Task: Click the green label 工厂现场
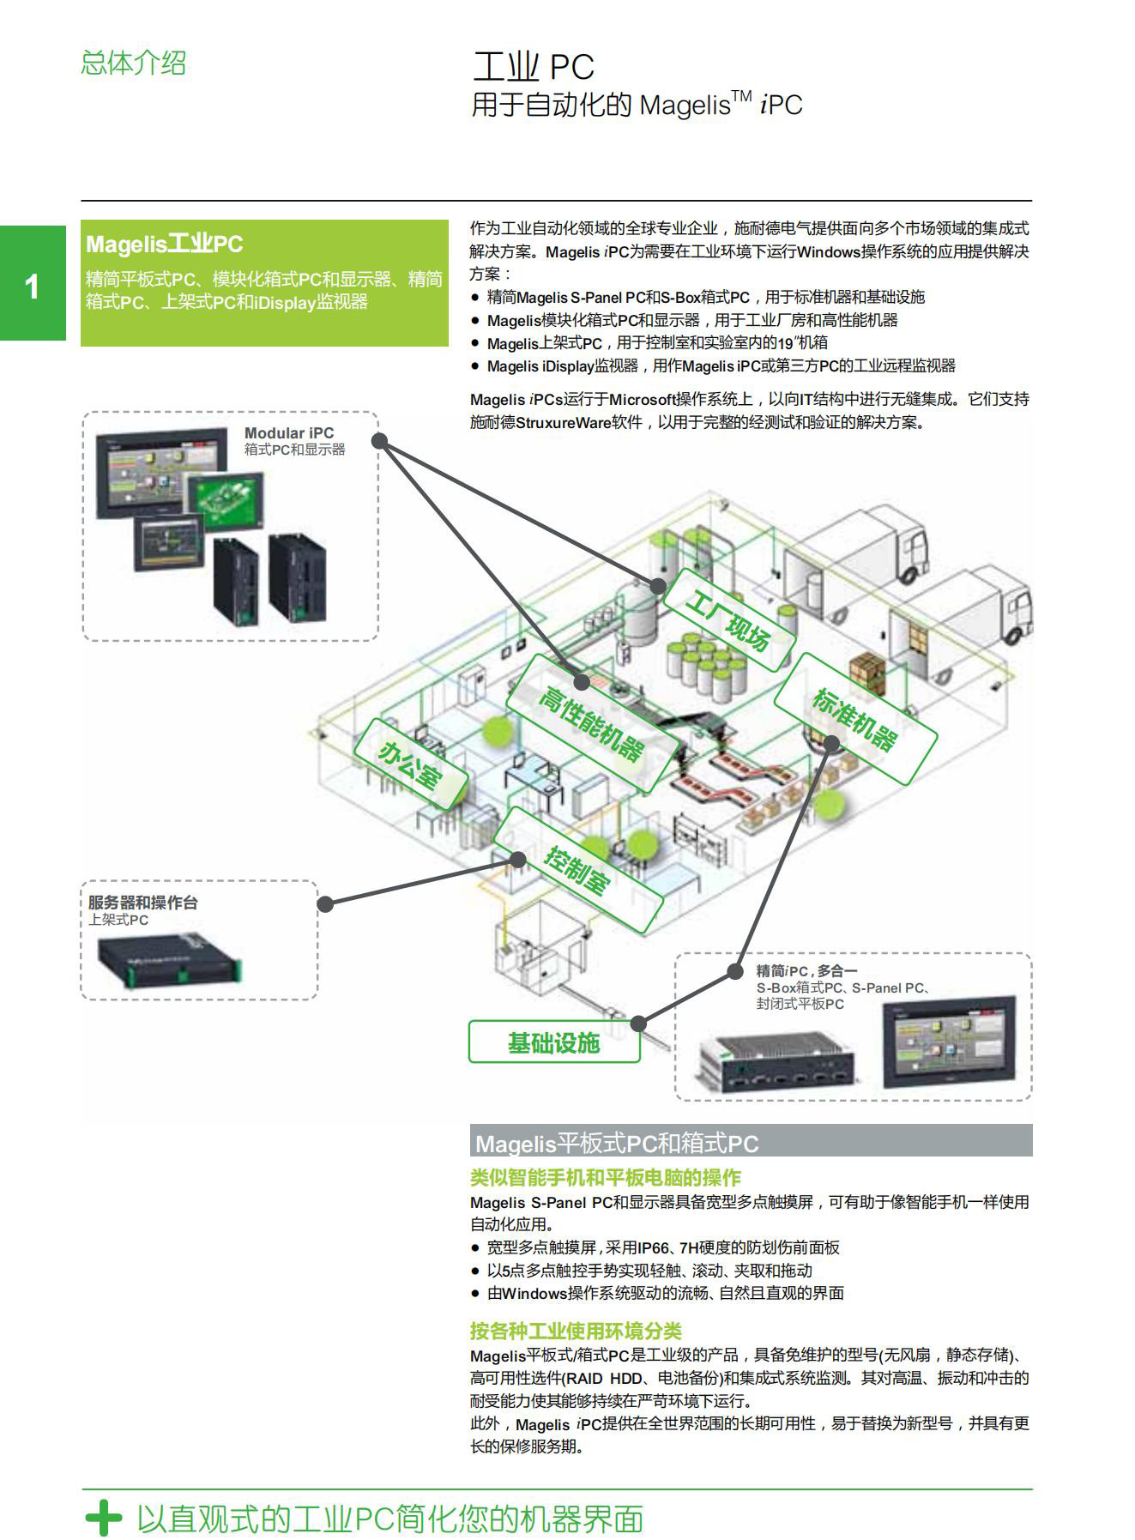727,619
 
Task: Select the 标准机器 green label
855,718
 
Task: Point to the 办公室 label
411,764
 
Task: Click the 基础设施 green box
553,1042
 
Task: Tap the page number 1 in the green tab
32,286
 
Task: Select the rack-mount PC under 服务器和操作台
168,960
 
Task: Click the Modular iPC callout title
288,433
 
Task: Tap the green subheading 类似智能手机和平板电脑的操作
605,1177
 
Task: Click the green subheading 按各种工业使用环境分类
575,1331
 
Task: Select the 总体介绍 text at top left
133,63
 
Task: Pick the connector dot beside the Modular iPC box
380,442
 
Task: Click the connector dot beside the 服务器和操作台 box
325,903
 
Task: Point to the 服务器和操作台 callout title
142,903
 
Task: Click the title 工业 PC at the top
533,67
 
